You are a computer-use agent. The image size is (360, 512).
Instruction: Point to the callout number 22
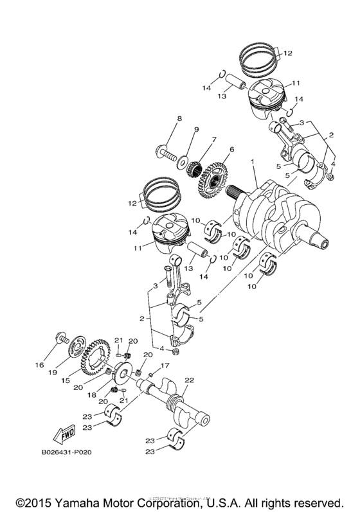coord(188,381)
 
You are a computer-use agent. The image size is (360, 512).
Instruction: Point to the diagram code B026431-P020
coord(67,453)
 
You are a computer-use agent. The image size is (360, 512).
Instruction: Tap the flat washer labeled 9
coord(184,159)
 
